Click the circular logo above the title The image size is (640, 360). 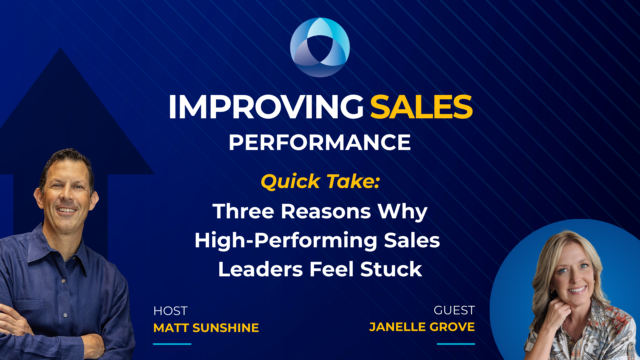[x=320, y=47]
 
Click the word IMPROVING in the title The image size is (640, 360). [x=266, y=107]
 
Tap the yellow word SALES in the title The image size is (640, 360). [x=421, y=107]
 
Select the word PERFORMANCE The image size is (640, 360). [x=320, y=143]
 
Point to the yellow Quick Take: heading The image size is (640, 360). [x=320, y=182]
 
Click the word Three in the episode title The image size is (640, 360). [x=243, y=211]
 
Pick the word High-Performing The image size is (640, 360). [x=286, y=241]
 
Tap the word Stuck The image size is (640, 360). [x=391, y=269]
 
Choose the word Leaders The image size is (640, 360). [x=260, y=269]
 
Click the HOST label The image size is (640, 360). [x=170, y=311]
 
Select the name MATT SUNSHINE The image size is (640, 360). [x=206, y=328]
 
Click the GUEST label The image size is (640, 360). [x=454, y=310]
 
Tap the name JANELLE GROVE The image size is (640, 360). [x=422, y=327]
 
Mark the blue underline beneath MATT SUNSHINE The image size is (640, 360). [x=172, y=344]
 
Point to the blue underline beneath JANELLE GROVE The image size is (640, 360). [x=456, y=344]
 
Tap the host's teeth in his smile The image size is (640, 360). [x=67, y=210]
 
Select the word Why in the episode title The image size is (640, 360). [x=402, y=211]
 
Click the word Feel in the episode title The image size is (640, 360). [x=331, y=269]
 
